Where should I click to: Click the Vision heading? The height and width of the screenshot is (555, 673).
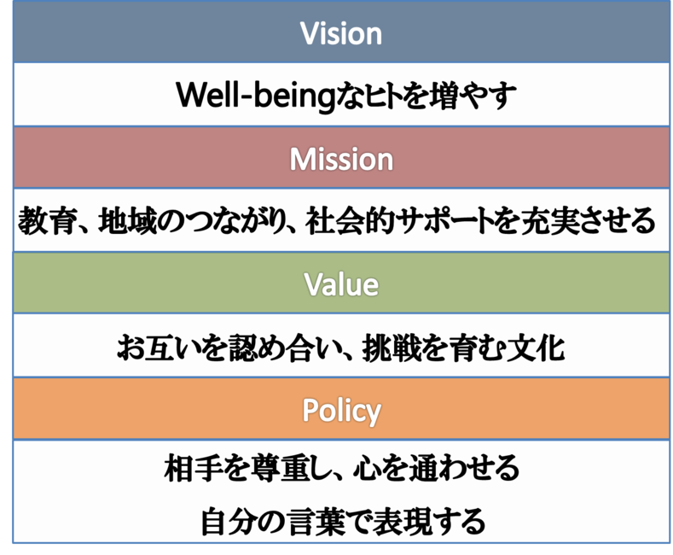341,33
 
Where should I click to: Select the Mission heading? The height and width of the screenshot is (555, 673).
341,159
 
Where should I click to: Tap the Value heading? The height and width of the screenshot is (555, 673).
341,284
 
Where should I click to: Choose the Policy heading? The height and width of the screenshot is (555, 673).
341,411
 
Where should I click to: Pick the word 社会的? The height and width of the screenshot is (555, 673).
349,220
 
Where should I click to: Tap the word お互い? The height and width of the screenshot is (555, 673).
159,348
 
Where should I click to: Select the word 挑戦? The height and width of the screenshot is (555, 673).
391,348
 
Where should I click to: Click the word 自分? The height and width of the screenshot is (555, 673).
229,521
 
